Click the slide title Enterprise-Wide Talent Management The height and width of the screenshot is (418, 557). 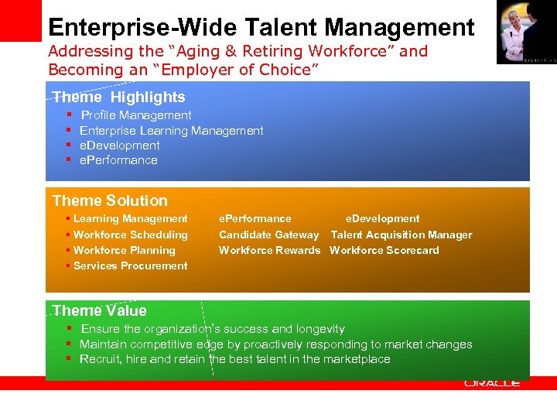click(261, 27)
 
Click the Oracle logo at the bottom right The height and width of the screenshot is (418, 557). click(492, 383)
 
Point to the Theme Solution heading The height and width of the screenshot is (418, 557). click(110, 200)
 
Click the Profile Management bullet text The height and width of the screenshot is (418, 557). click(136, 115)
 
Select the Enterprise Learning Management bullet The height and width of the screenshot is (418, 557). click(171, 131)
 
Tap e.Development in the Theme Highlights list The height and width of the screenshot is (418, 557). click(120, 146)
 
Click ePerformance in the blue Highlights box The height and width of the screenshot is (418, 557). click(118, 160)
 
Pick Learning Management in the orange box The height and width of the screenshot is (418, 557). click(130, 219)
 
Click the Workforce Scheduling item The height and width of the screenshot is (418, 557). click(130, 235)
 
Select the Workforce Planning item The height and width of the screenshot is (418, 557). click(124, 250)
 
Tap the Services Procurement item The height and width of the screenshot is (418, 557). click(130, 266)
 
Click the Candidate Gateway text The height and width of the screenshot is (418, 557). click(268, 235)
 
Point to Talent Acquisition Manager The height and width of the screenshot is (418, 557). click(401, 235)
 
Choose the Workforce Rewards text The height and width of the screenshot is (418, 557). click(269, 250)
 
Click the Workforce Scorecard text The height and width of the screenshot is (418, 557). click(384, 250)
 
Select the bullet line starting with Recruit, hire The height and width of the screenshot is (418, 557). click(235, 359)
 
